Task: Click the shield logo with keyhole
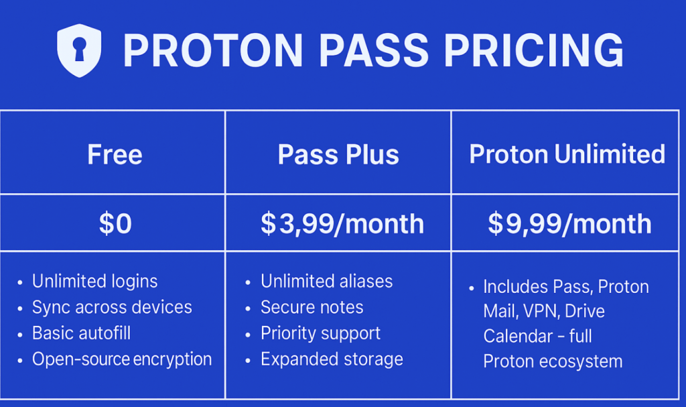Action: click(79, 50)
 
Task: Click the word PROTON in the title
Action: click(213, 51)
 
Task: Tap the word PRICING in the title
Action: click(534, 51)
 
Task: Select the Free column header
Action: click(115, 154)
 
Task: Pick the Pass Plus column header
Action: click(338, 155)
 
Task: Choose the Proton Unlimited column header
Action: click(567, 154)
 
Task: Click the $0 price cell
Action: click(115, 223)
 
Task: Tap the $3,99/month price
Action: click(342, 223)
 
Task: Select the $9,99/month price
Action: click(569, 223)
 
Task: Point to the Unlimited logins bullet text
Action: click(95, 281)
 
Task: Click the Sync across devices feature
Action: click(112, 307)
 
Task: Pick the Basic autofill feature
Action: click(81, 333)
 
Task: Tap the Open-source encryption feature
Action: click(122, 359)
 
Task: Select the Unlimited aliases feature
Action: click(327, 281)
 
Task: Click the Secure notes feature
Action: click(312, 307)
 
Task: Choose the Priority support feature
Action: click(321, 333)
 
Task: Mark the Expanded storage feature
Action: click(332, 359)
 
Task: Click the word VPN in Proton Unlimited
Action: click(541, 312)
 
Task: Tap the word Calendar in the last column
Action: click(518, 337)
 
